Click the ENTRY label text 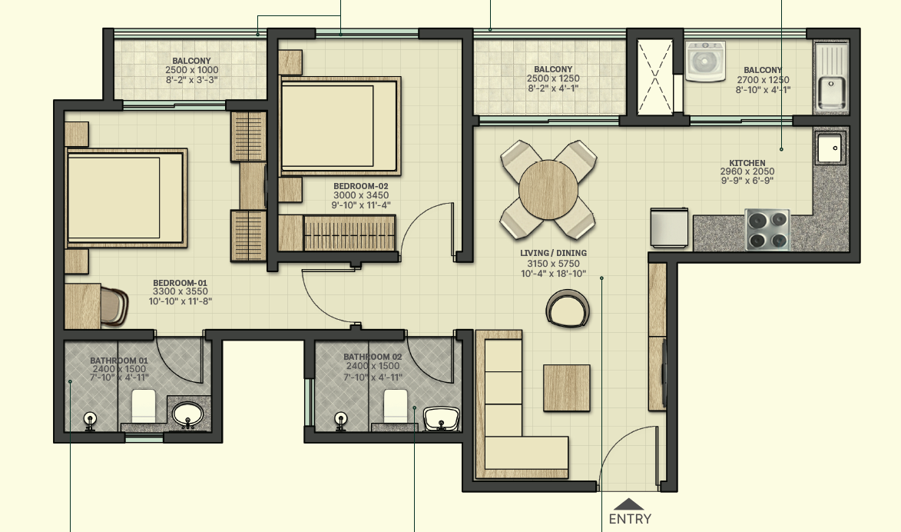coord(630,519)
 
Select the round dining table coord(548,189)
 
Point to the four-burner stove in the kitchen coord(767,229)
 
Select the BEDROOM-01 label coord(180,282)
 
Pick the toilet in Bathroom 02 coord(395,404)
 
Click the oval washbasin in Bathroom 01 coord(187,415)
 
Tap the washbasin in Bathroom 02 coord(442,418)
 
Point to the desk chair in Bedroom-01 coord(115,303)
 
